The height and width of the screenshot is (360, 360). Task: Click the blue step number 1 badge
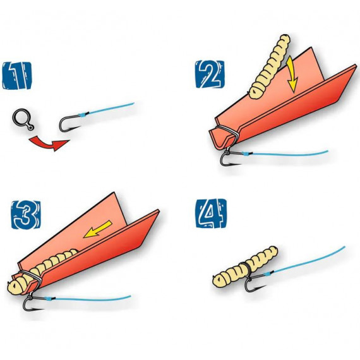(x=17, y=76)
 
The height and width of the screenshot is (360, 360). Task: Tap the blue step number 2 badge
(x=210, y=74)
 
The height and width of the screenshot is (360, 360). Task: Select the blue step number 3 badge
(x=26, y=215)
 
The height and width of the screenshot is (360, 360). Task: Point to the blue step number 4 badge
(x=211, y=213)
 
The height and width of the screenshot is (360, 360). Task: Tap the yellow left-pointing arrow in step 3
(x=97, y=229)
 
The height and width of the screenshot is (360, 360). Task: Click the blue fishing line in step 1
(x=108, y=109)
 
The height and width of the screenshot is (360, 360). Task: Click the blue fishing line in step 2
(x=286, y=153)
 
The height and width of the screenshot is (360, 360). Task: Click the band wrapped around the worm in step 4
(x=246, y=269)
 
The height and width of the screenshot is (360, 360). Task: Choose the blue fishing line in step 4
(x=305, y=261)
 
